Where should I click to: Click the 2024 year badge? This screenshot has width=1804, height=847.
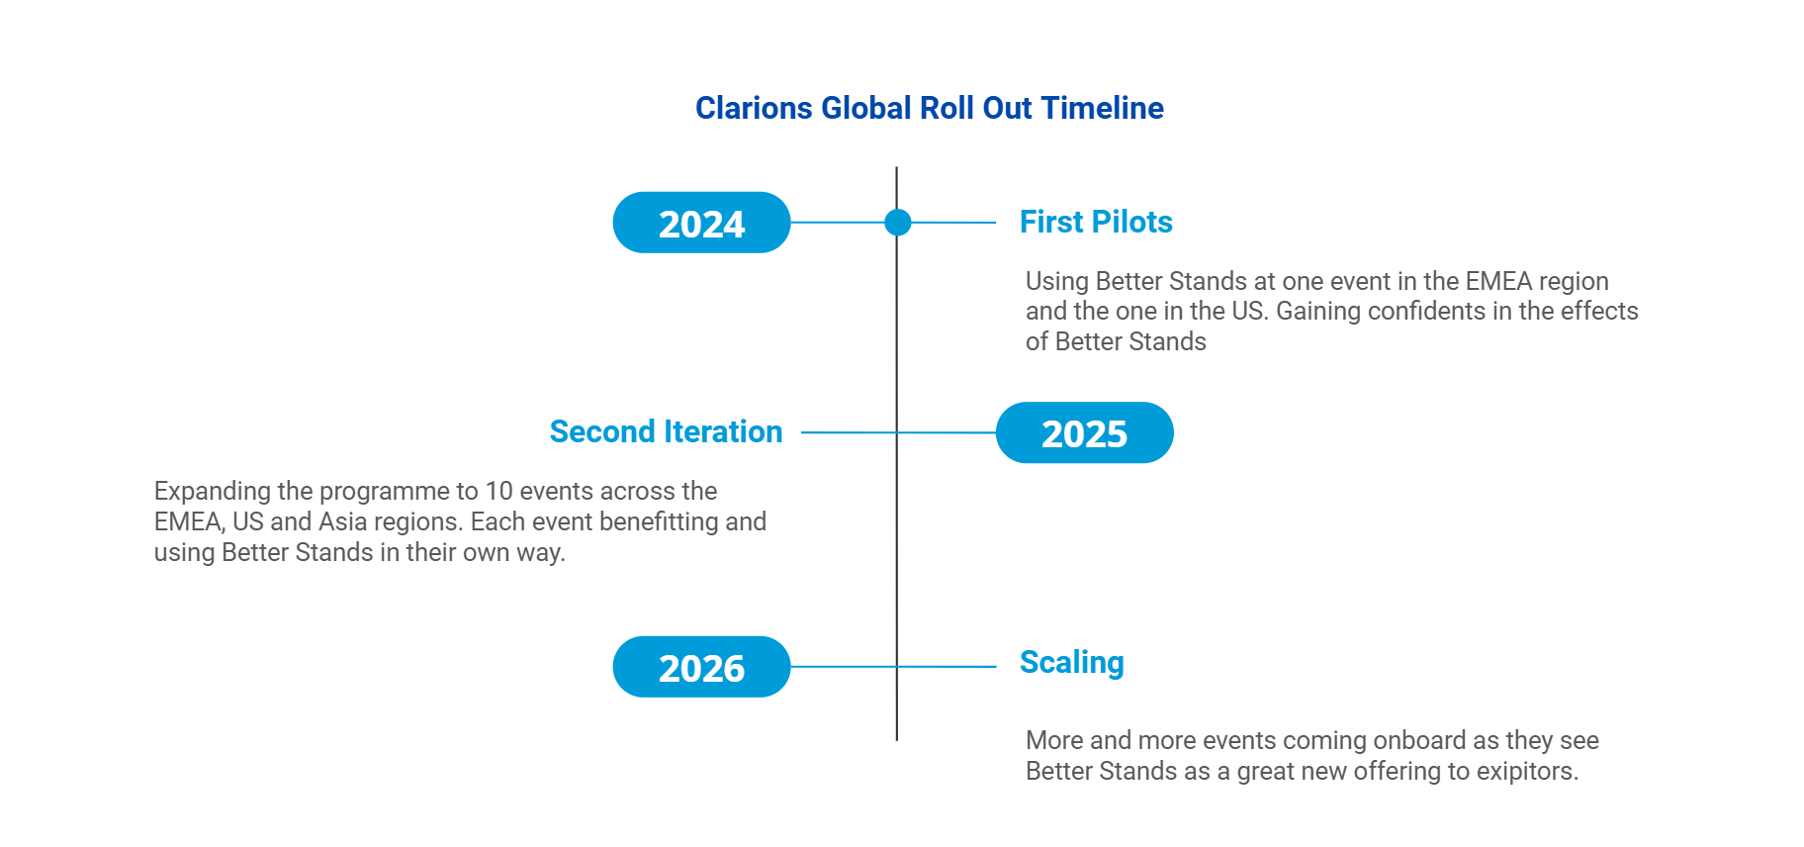pos(701,223)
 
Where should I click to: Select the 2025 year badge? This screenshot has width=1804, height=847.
pos(1084,432)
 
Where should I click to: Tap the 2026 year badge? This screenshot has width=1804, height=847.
pos(701,667)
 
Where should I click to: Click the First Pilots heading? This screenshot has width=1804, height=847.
pos(1096,222)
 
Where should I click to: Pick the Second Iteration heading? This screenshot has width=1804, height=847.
pos(666,431)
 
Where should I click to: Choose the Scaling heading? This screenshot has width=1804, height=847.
pos(1072,663)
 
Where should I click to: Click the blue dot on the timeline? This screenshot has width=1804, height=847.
pos(897,223)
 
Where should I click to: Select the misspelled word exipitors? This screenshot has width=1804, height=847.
pos(1527,772)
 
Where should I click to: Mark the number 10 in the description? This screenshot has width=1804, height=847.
pos(499,491)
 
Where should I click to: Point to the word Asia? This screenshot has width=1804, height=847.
pos(343,521)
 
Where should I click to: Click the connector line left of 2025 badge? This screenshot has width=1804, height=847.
pos(898,432)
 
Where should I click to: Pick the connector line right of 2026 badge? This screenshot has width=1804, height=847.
pos(893,667)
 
